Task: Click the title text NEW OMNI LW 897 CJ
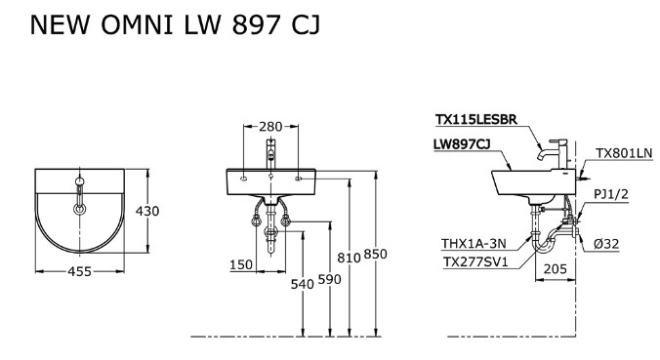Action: pos(161,25)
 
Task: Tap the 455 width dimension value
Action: pos(81,272)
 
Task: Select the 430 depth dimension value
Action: pos(146,211)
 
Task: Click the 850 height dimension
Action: pos(376,256)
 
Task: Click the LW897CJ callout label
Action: pos(462,143)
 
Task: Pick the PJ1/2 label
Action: pos(611,195)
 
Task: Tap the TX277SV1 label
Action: pos(474,261)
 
